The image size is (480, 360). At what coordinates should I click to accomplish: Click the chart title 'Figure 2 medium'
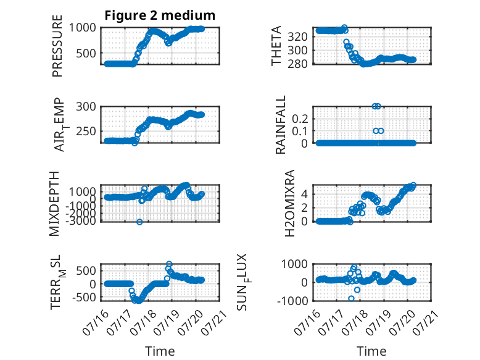click(160, 15)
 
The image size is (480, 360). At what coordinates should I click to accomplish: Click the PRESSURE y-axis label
click(57, 46)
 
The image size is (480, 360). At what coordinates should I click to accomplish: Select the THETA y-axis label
click(276, 46)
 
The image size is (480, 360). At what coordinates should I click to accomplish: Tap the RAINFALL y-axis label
click(280, 125)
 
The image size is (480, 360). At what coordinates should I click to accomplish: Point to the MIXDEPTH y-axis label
click(54, 204)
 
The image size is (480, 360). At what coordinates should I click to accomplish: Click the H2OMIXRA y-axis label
click(289, 203)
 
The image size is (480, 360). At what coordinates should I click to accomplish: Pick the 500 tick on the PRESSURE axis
click(86, 53)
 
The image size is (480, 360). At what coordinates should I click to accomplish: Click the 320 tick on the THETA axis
click(297, 37)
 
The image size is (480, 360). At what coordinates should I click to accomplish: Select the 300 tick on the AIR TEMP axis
click(86, 107)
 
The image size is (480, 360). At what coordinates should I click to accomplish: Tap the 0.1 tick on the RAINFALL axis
click(300, 131)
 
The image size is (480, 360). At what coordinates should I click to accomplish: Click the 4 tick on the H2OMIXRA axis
click(304, 194)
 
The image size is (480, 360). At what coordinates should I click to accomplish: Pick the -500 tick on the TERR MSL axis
click(84, 297)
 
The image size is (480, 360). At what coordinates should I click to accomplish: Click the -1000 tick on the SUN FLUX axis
click(292, 301)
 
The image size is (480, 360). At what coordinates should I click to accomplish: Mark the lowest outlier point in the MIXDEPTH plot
click(139, 222)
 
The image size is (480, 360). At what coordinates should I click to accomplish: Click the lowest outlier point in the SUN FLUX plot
click(351, 298)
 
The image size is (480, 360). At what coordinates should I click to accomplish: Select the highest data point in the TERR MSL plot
click(169, 264)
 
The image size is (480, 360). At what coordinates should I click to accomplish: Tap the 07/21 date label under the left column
click(215, 321)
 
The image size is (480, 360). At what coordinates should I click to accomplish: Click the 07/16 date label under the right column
click(307, 321)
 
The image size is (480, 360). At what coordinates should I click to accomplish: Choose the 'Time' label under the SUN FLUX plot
click(371, 351)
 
